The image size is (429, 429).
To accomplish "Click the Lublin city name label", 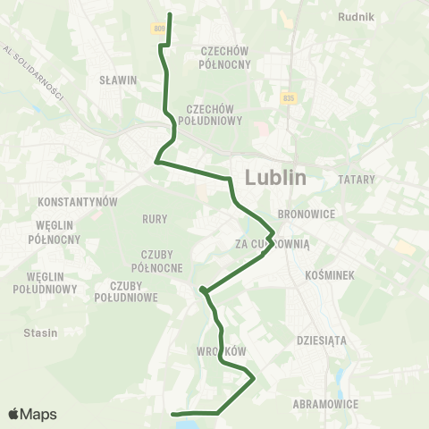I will pyautogui.click(x=274, y=177).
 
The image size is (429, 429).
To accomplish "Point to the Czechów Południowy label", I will pyautogui.click(x=212, y=114).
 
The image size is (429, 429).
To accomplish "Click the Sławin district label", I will pyautogui.click(x=117, y=80).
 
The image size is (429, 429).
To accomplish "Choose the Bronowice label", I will pyautogui.click(x=306, y=214).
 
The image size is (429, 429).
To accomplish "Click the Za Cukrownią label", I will pyautogui.click(x=272, y=243).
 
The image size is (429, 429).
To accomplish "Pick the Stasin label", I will pyautogui.click(x=40, y=332).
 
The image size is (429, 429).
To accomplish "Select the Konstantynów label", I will pyautogui.click(x=80, y=202).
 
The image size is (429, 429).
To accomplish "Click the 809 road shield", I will pyautogui.click(x=158, y=29).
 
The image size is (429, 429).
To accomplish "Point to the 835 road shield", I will pyautogui.click(x=286, y=97).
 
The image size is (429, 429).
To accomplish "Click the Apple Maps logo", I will pyautogui.click(x=32, y=414).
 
